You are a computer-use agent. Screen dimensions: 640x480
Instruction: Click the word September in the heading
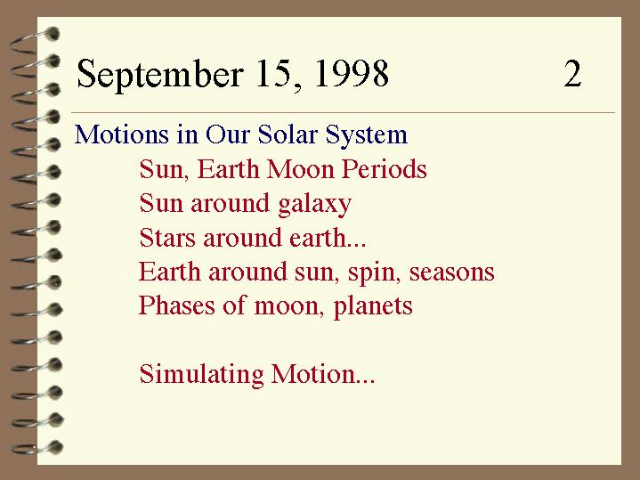[x=160, y=74]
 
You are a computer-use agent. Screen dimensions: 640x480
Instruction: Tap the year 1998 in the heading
[x=352, y=74]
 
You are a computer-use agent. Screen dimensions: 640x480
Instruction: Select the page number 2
[x=572, y=74]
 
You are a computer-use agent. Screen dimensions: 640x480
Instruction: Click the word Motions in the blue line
[x=122, y=134]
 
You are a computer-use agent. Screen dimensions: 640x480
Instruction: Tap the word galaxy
[x=315, y=205]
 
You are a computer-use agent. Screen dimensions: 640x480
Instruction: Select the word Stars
[x=167, y=238]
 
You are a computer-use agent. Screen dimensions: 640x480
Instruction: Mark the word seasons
[x=452, y=273]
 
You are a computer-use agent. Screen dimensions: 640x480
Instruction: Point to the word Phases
[x=177, y=305]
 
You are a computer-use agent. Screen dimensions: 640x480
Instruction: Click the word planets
[x=373, y=307]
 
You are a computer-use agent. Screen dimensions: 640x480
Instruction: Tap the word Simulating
[x=202, y=375]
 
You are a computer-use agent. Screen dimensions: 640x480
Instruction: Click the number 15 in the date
[x=279, y=74]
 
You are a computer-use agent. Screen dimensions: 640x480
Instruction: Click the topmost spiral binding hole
[x=52, y=34]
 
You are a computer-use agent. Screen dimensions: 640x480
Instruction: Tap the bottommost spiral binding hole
[x=55, y=447]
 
